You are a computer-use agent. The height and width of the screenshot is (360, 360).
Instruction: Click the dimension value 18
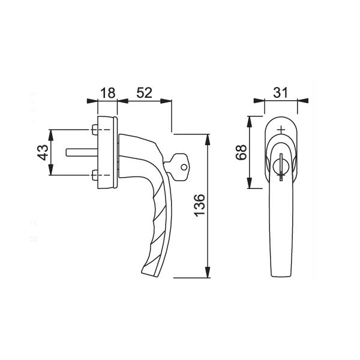point(107,93)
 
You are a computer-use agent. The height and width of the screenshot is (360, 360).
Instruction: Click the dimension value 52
point(145,93)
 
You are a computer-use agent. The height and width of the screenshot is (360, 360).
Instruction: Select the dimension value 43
point(43,152)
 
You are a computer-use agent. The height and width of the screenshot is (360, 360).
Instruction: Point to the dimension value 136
point(199,205)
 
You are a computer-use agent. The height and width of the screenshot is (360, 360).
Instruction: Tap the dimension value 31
point(280,93)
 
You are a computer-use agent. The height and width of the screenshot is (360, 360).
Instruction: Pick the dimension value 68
point(241,152)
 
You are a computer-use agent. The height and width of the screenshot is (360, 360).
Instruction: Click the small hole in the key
point(184,167)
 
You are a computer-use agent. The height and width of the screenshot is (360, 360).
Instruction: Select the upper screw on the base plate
point(94,130)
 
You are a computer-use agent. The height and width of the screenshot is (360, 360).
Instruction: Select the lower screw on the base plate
point(94,175)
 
